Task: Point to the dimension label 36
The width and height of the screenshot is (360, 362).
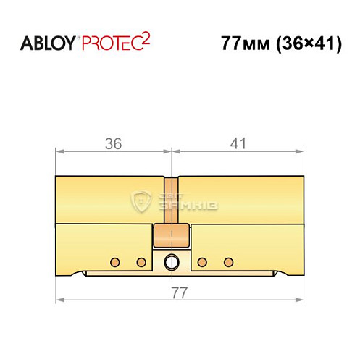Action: point(113,143)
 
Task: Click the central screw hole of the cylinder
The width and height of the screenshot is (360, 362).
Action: point(172,261)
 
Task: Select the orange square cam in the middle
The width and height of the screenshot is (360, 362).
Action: point(171,237)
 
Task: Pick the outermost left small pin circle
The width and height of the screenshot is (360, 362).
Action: point(113,261)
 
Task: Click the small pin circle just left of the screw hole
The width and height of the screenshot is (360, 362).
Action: point(141,261)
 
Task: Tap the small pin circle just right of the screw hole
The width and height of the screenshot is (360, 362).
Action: point(202,261)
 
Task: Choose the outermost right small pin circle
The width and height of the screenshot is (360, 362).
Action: point(230,261)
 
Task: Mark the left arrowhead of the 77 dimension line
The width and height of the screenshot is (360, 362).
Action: point(59,300)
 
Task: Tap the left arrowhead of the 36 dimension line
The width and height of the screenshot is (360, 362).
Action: point(59,151)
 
